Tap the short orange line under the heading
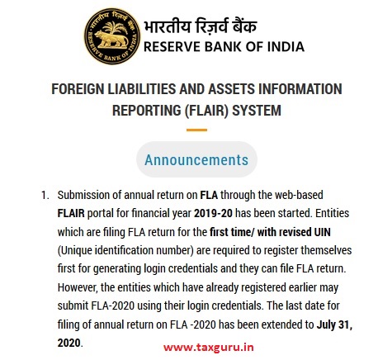[196, 130]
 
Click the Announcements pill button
[196, 159]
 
